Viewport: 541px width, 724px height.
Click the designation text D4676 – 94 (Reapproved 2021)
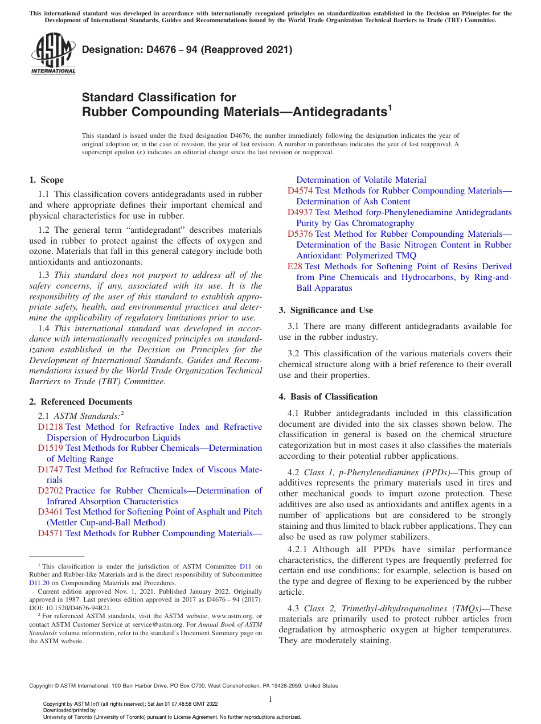(187, 50)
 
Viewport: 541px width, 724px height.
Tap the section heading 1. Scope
(46, 180)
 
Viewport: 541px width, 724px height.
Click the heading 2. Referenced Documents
(80, 402)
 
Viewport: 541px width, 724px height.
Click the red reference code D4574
(300, 191)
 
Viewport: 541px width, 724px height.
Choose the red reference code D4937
(300, 212)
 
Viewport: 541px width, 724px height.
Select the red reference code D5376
(300, 234)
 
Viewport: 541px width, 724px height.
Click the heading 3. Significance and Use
(326, 310)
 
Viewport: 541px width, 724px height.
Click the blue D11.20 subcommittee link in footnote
(39, 583)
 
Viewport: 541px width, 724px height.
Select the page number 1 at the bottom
(270, 699)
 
